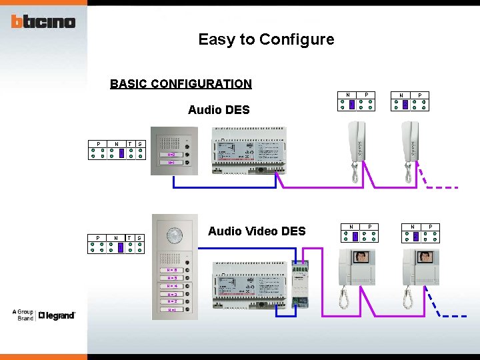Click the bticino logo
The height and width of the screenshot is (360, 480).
click(x=43, y=21)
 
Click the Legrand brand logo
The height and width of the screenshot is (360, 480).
click(x=57, y=315)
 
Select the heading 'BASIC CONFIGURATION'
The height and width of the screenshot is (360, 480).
click(x=181, y=84)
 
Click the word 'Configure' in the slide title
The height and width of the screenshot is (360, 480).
click(x=297, y=39)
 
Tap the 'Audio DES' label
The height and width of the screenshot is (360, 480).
click(x=219, y=110)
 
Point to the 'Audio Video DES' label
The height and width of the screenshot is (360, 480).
click(x=257, y=231)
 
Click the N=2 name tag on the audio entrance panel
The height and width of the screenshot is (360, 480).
click(x=171, y=154)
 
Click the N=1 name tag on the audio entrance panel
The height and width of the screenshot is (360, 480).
click(x=171, y=162)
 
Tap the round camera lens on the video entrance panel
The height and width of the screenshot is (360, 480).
click(x=175, y=235)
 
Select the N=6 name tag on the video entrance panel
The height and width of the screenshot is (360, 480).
click(x=172, y=270)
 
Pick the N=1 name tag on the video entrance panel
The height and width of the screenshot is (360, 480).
click(x=172, y=309)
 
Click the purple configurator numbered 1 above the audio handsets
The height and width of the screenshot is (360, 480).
click(x=352, y=104)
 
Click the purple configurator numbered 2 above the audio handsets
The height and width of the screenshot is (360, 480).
click(x=405, y=104)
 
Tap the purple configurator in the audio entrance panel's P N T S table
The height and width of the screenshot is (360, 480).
click(x=121, y=153)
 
